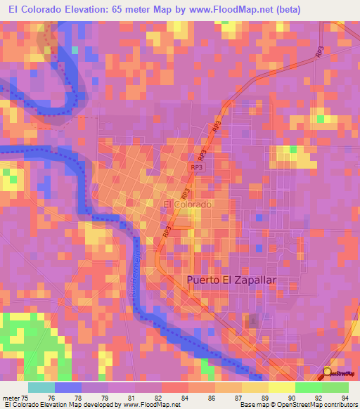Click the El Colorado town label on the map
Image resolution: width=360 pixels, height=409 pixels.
click(187, 204)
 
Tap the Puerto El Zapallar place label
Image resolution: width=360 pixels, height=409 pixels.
click(231, 280)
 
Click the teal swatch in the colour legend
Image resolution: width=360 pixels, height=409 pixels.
click(41, 387)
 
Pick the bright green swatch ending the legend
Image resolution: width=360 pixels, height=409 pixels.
click(335, 387)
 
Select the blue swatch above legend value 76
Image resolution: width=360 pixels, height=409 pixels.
click(67, 387)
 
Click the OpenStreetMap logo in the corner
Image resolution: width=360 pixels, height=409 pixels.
click(340, 373)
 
